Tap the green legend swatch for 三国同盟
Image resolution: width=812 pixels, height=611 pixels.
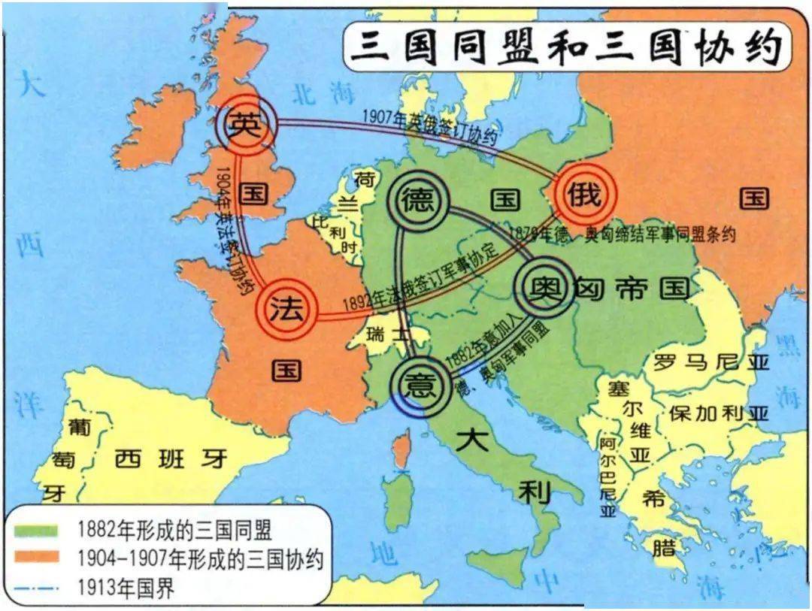37,531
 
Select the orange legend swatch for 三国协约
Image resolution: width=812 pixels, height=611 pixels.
37,559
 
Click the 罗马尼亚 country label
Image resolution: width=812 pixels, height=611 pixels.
710,364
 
